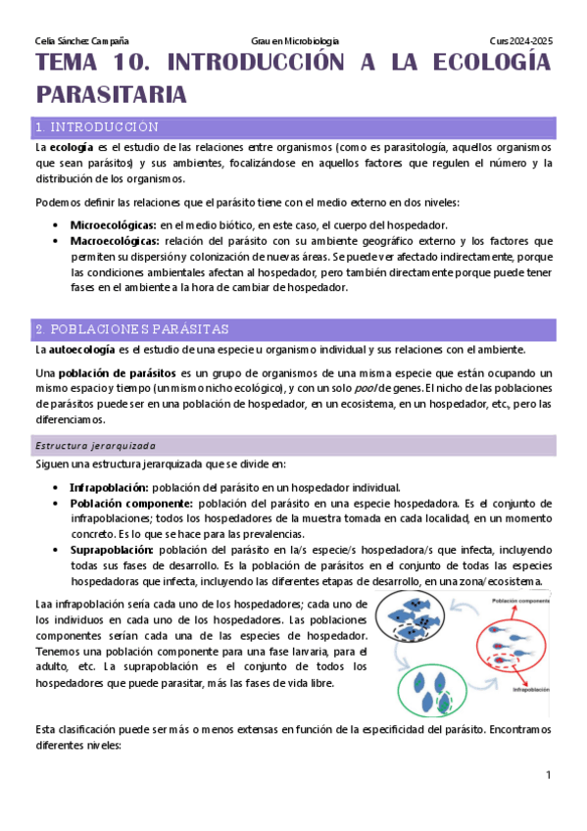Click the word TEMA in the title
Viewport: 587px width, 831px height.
(x=67, y=66)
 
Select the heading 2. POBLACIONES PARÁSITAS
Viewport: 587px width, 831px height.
(x=130, y=328)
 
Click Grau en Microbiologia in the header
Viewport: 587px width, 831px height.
(x=295, y=40)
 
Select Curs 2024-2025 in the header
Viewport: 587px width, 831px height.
(x=521, y=40)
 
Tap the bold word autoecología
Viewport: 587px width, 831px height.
(x=82, y=350)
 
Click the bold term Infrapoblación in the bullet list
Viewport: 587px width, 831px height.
(x=109, y=487)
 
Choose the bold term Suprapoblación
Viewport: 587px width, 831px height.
(x=111, y=550)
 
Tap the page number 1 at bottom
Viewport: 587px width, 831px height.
(x=550, y=775)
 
